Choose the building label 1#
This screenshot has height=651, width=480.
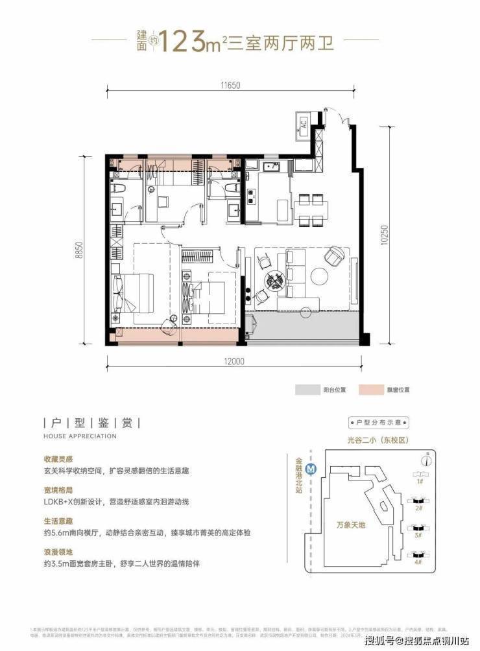point(420,482)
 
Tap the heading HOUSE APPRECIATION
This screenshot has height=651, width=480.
point(80,436)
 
